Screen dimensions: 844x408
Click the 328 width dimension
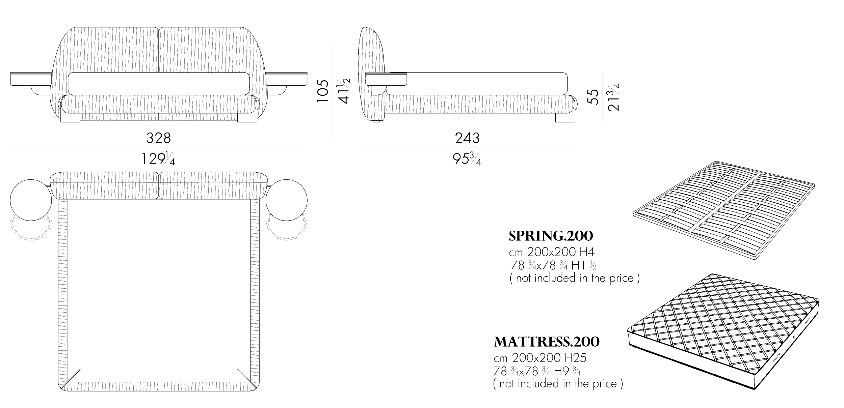[x=158, y=138]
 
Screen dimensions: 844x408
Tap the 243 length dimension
[x=467, y=138]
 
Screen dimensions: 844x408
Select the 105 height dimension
[x=323, y=91]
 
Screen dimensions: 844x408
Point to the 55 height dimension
[x=594, y=97]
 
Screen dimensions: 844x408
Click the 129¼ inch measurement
[x=158, y=158]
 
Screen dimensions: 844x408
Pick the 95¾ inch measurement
[x=467, y=158]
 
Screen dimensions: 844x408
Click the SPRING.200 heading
[x=551, y=236]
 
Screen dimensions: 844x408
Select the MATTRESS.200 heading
[x=547, y=342]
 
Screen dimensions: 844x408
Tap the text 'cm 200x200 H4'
[x=551, y=252]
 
